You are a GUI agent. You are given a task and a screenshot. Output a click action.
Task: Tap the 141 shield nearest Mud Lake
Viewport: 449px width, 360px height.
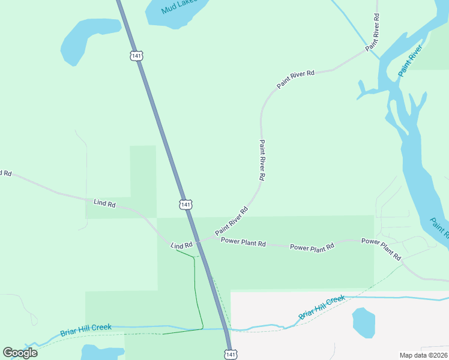[137, 56]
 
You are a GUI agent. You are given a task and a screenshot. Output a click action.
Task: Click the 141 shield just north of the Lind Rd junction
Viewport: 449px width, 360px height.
[185, 205]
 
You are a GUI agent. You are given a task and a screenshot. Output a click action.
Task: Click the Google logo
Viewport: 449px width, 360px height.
[20, 352]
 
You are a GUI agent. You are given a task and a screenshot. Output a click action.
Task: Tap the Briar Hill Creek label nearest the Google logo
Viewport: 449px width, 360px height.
[86, 329]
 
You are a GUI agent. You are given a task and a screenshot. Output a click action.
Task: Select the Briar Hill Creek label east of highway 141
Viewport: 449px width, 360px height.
[322, 307]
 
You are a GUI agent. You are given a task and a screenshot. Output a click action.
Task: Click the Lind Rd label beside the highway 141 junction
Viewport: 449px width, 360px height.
[181, 245]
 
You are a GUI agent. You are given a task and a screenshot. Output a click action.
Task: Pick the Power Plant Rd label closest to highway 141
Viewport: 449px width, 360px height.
[243, 242]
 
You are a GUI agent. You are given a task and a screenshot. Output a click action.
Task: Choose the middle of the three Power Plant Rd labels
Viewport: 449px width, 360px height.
[312, 247]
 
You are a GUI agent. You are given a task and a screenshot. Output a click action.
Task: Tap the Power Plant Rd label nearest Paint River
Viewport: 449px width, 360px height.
[381, 248]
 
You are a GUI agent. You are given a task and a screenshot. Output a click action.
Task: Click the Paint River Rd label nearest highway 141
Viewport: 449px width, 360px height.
[232, 221]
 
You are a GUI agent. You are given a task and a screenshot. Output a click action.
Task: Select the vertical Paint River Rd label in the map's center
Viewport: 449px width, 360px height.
[262, 160]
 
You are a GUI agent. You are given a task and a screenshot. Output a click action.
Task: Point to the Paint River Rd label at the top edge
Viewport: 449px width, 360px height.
[373, 31]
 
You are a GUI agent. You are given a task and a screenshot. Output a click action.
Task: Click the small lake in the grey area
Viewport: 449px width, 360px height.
[364, 322]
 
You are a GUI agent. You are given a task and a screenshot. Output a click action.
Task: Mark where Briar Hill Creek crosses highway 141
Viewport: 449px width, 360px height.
[226, 329]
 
